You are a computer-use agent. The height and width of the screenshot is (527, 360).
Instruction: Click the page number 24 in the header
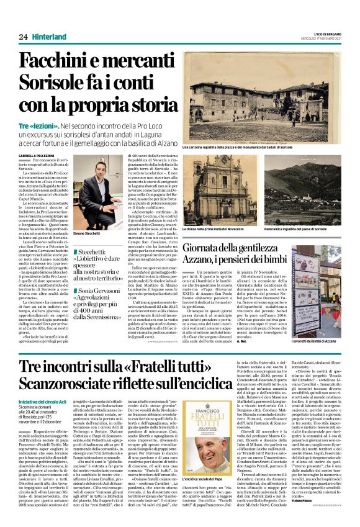tap(24, 37)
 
